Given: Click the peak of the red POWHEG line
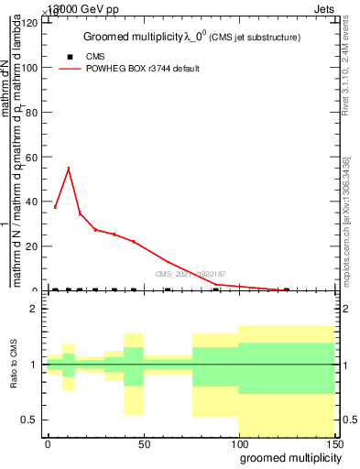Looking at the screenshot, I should tap(69, 169).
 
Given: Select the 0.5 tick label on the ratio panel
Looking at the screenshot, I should tap(30, 420).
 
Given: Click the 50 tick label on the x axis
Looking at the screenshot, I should tap(144, 443).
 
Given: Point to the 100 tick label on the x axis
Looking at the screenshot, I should tap(239, 443).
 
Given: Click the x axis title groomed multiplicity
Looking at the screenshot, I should tap(287, 457).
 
